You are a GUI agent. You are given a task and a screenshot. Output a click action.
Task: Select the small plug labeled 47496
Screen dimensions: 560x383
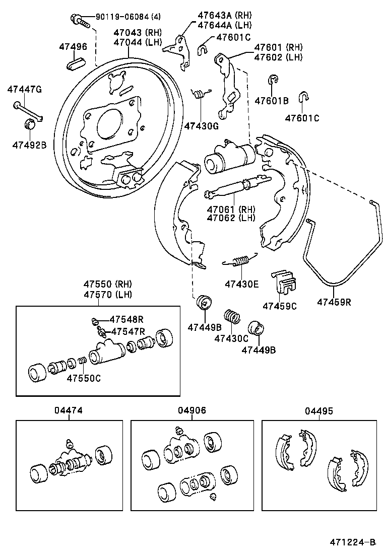point(74,64)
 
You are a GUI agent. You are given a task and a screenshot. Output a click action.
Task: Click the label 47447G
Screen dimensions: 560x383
point(24,90)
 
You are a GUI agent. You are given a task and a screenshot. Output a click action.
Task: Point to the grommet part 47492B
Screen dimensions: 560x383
point(30,124)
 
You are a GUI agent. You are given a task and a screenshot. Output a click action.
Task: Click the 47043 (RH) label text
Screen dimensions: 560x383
point(137,33)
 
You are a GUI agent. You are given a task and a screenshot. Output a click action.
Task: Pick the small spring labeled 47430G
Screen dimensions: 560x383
point(201,93)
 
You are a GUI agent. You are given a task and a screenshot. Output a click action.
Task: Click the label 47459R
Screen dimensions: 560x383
point(334,302)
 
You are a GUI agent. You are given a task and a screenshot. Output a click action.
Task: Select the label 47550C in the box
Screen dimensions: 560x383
point(83,378)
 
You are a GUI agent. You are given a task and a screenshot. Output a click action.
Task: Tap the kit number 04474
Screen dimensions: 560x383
point(69,410)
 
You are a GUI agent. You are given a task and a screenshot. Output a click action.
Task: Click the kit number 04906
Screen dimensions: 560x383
point(192,410)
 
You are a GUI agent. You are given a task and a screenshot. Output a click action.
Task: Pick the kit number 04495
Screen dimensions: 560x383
point(318,410)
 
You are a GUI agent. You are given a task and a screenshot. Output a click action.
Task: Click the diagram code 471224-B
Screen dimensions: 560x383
point(353,542)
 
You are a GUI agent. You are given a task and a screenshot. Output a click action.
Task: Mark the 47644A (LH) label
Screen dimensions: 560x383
point(225,25)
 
